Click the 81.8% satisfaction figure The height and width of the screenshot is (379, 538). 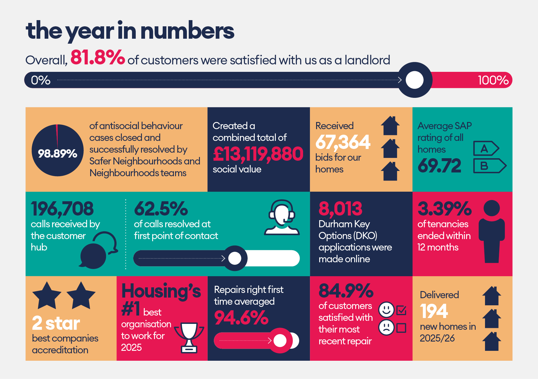tap(98, 57)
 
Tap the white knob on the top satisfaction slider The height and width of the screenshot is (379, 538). tap(415, 80)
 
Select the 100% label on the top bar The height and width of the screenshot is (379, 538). tap(493, 80)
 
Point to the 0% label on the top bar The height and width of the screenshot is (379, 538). tap(41, 80)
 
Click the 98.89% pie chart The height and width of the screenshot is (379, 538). tap(58, 150)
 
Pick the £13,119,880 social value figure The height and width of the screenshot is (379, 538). tap(258, 154)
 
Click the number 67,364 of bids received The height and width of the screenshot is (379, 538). tap(343, 142)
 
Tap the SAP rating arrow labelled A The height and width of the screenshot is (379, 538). tap(486, 149)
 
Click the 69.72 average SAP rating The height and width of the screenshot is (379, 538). tap(439, 166)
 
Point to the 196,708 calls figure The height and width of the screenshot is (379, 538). tap(62, 209)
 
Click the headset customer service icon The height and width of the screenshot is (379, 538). tap(282, 217)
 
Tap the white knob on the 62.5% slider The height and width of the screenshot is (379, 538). tap(235, 258)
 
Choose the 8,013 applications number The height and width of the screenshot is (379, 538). tap(340, 209)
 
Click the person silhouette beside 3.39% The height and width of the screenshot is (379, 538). tap(492, 231)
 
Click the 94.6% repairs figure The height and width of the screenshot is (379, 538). tap(241, 318)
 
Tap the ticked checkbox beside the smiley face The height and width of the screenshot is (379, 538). tap(401, 310)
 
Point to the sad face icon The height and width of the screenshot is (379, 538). tap(386, 328)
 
